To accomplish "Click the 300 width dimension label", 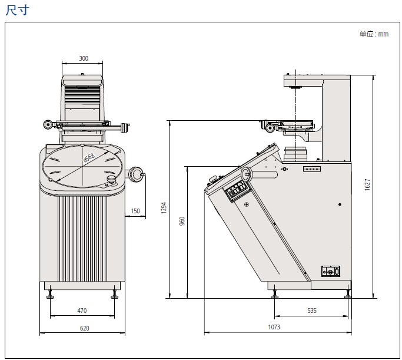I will point(83,58).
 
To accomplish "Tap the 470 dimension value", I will point(82,311).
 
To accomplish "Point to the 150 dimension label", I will point(135,211).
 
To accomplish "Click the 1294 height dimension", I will point(164,208).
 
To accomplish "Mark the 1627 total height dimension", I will point(367,184).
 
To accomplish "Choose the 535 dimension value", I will point(312,310).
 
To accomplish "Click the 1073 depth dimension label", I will point(274,328).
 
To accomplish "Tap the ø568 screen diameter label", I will point(89,157).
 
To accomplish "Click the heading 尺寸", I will point(16,10).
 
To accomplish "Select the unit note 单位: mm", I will point(374,34).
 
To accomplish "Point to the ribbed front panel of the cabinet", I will point(82,238).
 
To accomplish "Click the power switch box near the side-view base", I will point(331,271).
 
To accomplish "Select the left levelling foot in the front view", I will point(51,293).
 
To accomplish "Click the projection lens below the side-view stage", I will point(295,153).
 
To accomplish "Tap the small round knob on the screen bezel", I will point(110,179).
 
